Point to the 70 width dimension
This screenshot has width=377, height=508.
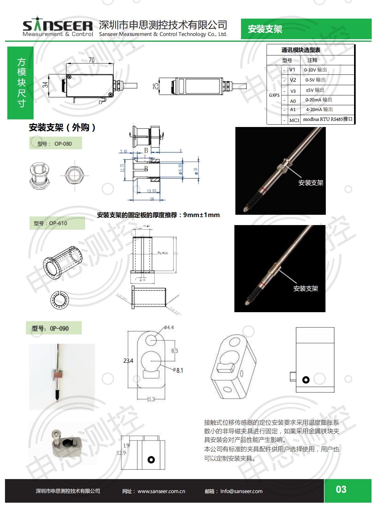tap(91, 60)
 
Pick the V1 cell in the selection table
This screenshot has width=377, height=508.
tap(292, 70)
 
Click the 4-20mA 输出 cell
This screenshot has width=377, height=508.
tap(319, 109)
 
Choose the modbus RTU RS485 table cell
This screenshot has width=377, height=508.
tap(327, 119)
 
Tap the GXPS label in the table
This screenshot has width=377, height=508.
tap(274, 95)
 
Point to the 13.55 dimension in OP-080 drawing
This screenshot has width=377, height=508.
tap(151, 191)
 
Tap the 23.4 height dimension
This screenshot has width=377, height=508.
tap(128, 361)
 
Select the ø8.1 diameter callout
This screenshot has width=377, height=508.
tap(179, 370)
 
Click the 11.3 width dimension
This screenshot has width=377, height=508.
tap(151, 399)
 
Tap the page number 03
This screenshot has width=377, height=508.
tap(341, 489)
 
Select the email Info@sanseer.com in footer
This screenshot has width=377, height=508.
tap(241, 491)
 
